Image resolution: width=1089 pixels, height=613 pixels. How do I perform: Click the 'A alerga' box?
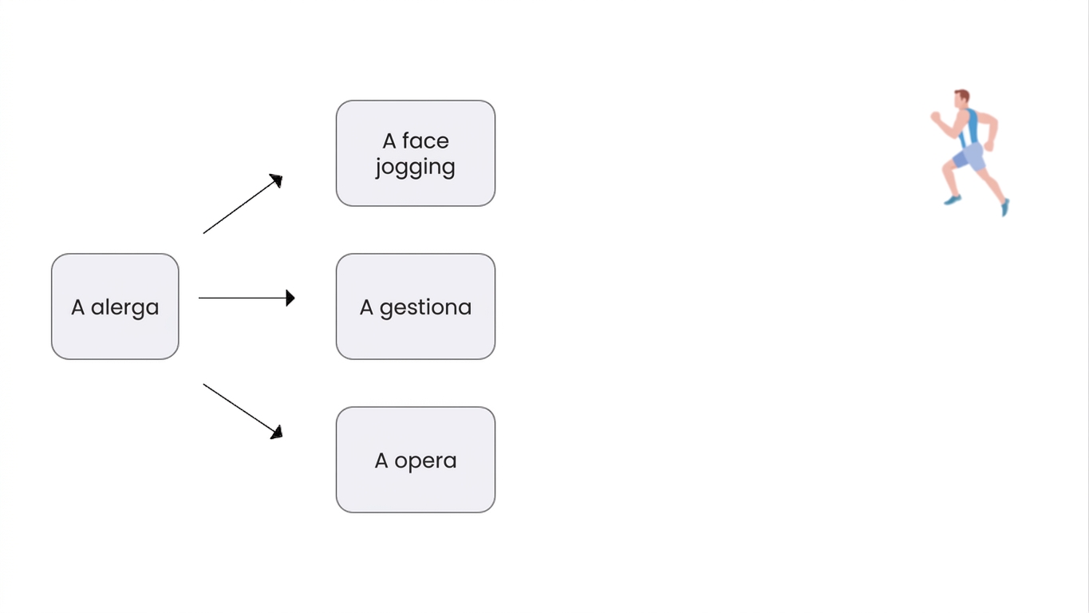coord(115,306)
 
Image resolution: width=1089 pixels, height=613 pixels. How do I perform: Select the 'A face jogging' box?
coord(416,153)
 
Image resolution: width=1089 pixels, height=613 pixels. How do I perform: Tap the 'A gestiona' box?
coord(416,306)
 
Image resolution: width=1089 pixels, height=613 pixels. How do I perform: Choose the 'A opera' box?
coord(416,460)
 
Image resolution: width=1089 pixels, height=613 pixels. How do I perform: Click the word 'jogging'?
coord(415,168)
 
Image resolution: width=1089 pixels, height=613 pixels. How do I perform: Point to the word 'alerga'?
coord(125,308)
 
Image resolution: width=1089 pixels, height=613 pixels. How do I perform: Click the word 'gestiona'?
coord(425,308)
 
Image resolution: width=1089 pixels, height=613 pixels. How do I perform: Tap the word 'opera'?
coord(425,461)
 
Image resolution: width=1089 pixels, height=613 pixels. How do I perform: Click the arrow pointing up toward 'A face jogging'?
coord(243,204)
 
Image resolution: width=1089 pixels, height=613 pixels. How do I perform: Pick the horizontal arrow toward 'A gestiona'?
coord(247,298)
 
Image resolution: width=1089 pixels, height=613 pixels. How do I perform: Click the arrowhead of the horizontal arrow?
coord(290,298)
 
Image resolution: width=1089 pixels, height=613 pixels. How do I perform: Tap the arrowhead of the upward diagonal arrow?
coord(277,180)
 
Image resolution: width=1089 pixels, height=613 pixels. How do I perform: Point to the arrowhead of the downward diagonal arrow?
coord(277,433)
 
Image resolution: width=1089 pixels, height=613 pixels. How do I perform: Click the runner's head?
coord(961,99)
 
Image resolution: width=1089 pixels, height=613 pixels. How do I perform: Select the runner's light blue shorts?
coord(969,157)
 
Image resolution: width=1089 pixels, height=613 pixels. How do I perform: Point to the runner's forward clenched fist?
coord(935,117)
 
